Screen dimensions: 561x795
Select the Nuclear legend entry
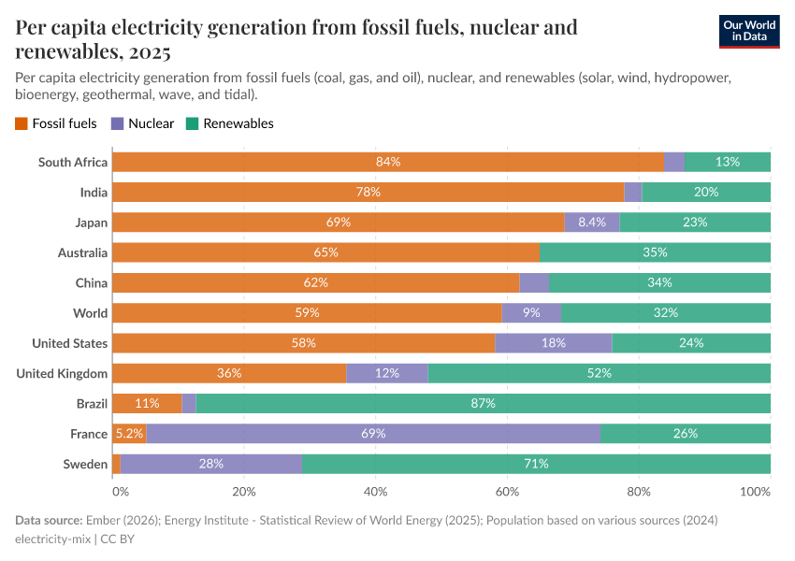142,123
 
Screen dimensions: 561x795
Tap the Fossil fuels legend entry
56,123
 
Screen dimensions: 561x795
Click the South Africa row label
73,162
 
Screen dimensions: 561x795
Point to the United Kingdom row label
62,373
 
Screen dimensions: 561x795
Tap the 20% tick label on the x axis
243,491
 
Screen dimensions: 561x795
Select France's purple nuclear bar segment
373,434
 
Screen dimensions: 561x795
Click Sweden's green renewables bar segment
536,464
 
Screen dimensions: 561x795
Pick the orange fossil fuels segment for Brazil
147,403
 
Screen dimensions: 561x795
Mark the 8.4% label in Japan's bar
592,223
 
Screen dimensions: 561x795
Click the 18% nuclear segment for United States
554,343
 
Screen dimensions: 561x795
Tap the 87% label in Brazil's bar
484,403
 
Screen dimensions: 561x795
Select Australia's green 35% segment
655,252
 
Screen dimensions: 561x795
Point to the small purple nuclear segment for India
633,192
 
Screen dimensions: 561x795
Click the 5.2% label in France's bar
128,434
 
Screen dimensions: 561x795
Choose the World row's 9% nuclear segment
531,313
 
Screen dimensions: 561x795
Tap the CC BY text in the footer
117,539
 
